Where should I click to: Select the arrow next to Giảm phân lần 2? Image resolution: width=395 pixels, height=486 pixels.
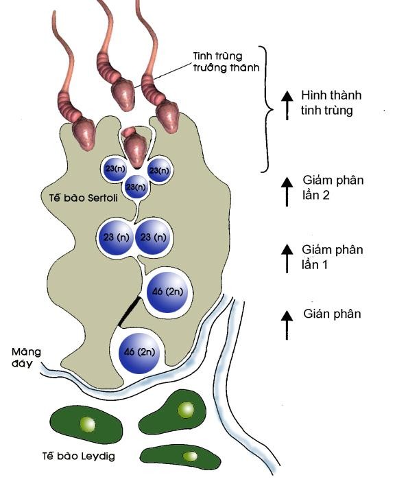(286, 191)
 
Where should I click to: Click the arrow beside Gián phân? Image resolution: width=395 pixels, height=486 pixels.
(286, 323)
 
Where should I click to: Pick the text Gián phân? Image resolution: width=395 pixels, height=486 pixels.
(333, 314)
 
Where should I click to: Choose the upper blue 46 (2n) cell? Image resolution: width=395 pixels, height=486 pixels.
(167, 292)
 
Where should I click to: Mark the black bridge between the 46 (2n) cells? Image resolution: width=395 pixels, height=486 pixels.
(128, 312)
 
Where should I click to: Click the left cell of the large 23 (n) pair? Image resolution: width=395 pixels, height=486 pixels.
(115, 238)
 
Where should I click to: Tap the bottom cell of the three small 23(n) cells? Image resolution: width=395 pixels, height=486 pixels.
(136, 187)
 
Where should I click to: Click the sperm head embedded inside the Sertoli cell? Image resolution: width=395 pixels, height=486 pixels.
(138, 147)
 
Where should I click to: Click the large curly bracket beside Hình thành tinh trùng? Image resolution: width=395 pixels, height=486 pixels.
(269, 108)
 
